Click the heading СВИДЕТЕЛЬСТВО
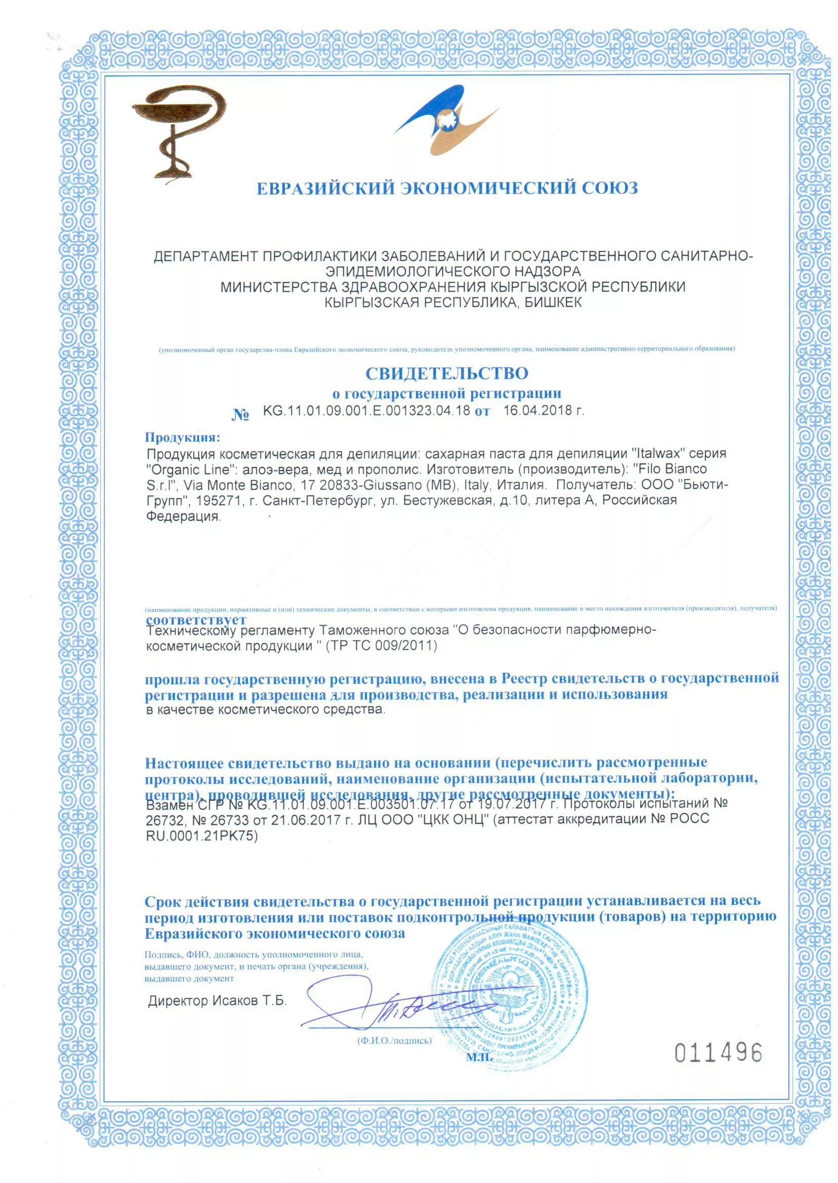pos(447,373)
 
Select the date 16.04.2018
pos(543,411)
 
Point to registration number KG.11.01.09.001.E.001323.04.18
pos(366,411)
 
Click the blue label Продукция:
pos(182,437)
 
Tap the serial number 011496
pos(718,1053)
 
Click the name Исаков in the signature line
pos(234,1001)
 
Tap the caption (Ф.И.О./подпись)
pos(394,1041)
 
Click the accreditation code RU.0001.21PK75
pos(202,836)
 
